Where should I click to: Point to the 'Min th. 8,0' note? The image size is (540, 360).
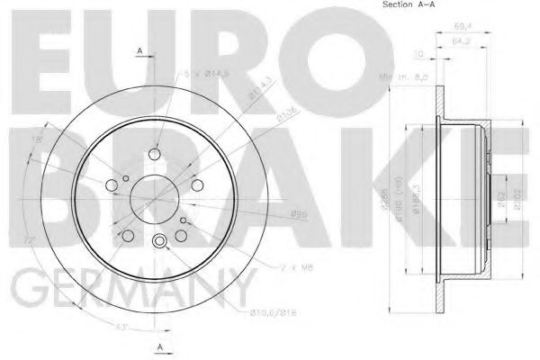(403, 81)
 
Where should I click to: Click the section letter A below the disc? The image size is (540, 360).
(159, 347)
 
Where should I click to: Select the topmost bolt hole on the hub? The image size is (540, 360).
(157, 151)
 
